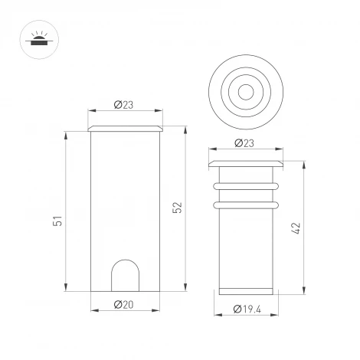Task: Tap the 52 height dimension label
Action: point(177,207)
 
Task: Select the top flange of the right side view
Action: point(247,163)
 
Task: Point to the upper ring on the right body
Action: point(247,185)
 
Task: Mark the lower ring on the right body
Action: point(247,205)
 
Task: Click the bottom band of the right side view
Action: point(247,289)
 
